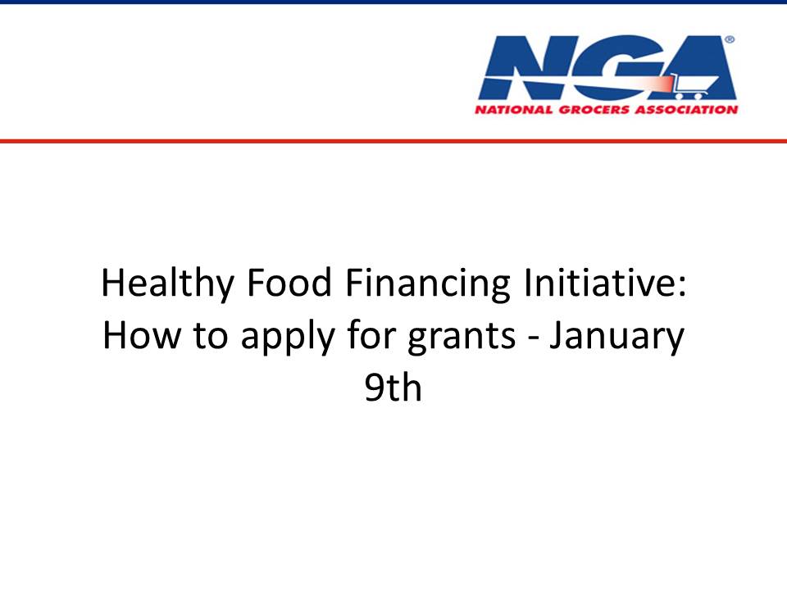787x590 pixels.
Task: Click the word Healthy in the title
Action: click(x=167, y=284)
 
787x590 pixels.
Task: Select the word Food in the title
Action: click(x=289, y=283)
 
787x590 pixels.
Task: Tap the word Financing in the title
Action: click(x=428, y=284)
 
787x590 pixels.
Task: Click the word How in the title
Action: click(x=141, y=335)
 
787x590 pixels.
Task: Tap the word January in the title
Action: click(x=616, y=337)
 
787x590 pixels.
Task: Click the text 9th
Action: click(x=393, y=388)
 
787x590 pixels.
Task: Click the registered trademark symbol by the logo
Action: click(x=730, y=40)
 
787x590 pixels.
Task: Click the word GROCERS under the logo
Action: click(x=594, y=109)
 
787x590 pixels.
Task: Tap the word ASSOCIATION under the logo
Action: click(x=686, y=109)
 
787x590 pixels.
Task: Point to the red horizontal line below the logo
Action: click(x=393, y=141)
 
